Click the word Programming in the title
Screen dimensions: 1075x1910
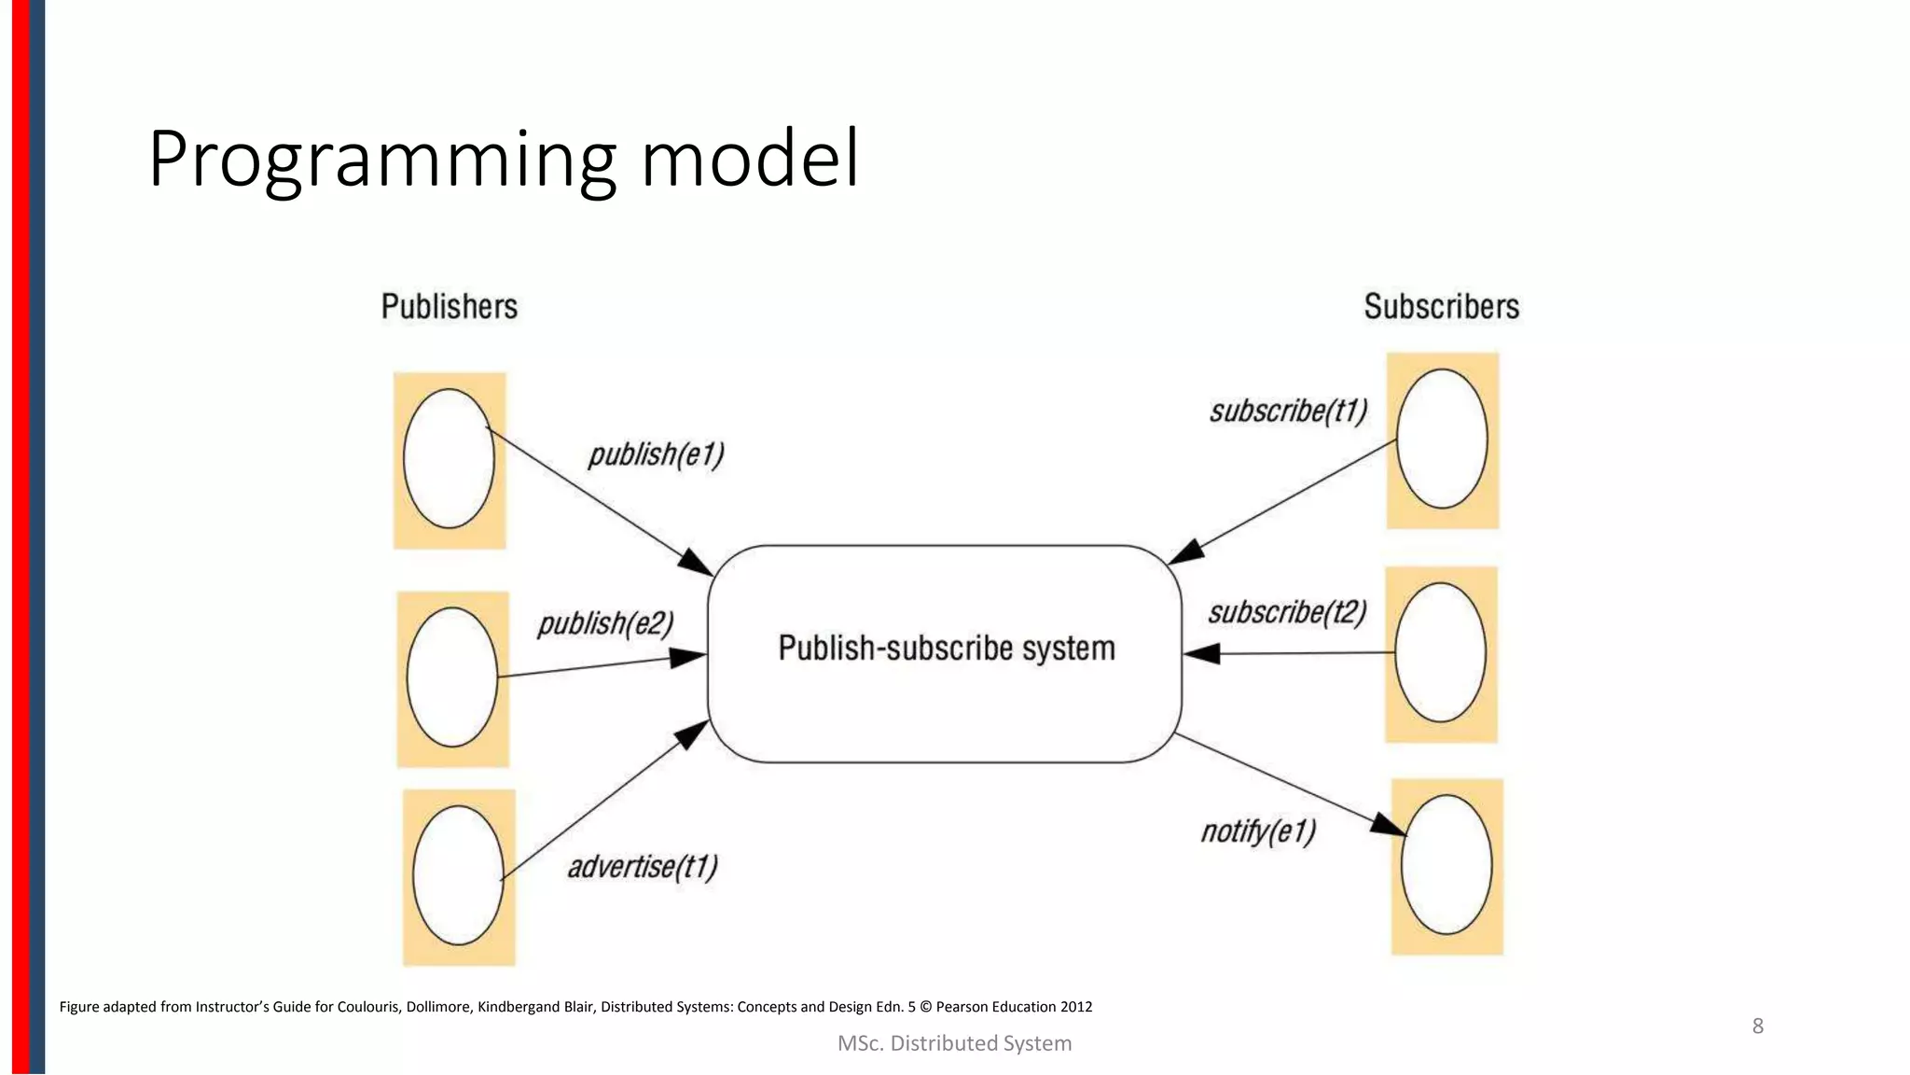pyautogui.click(x=382, y=161)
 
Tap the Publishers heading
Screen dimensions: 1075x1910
pyautogui.click(x=449, y=307)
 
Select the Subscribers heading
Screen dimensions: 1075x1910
pyautogui.click(x=1441, y=307)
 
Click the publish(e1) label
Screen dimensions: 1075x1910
pyautogui.click(x=656, y=454)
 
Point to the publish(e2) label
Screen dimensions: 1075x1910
pyautogui.click(x=605, y=623)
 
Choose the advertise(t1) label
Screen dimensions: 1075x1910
pyautogui.click(x=643, y=867)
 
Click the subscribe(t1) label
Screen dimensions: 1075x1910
pyautogui.click(x=1288, y=412)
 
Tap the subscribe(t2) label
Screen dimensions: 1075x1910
pyautogui.click(x=1287, y=613)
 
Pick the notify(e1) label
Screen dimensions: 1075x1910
pyautogui.click(x=1258, y=831)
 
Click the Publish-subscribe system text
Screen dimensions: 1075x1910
pyautogui.click(x=946, y=649)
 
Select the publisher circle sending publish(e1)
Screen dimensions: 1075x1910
pyautogui.click(x=449, y=458)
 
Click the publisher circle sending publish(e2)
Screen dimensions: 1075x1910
pyautogui.click(x=452, y=677)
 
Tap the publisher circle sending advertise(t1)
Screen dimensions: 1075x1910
pyautogui.click(x=458, y=875)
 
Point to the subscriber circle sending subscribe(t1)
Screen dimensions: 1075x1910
pyautogui.click(x=1442, y=439)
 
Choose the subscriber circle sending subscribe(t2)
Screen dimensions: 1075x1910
pyautogui.click(x=1441, y=652)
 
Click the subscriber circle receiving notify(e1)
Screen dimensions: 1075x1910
pyautogui.click(x=1446, y=864)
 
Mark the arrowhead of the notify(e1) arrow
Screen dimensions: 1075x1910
pyautogui.click(x=1390, y=825)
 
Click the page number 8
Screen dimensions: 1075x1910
pyautogui.click(x=1757, y=1026)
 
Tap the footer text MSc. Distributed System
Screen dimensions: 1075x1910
pyautogui.click(x=954, y=1043)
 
